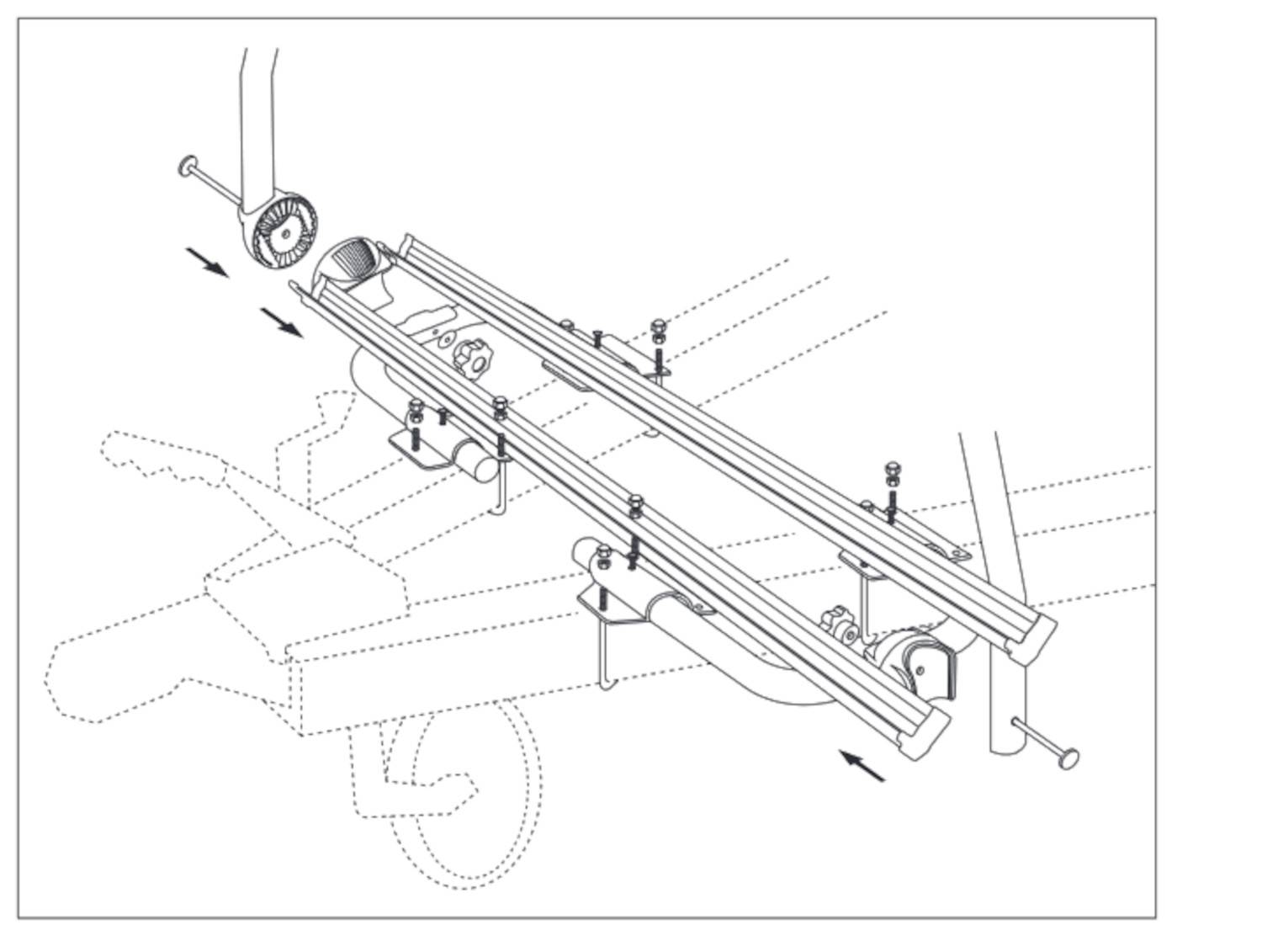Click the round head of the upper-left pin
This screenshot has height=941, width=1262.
click(187, 166)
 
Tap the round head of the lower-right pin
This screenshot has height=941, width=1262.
click(1069, 757)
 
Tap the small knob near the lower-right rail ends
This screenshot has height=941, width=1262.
click(837, 625)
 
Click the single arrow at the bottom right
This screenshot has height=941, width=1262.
click(862, 766)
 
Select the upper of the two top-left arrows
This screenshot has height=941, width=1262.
click(206, 261)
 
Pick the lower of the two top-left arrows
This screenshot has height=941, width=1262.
click(281, 322)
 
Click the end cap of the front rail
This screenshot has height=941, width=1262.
click(925, 729)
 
